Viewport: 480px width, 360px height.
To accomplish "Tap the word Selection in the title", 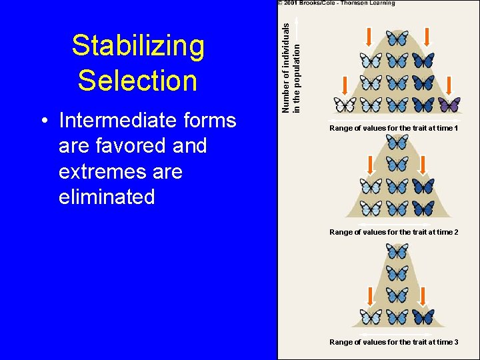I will click(137, 81).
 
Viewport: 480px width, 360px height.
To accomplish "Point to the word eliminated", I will click(107, 197).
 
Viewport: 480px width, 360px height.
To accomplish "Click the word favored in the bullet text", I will click(120, 146).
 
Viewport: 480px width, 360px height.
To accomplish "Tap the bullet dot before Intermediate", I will click(43, 121).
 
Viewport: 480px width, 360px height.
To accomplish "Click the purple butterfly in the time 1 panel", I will click(449, 105).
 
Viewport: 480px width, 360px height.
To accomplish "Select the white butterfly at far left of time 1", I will click(345, 105).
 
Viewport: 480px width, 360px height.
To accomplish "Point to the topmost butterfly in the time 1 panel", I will click(397, 39).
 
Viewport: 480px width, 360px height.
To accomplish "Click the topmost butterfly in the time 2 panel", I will click(397, 142).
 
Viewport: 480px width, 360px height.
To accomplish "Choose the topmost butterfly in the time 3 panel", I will click(397, 251).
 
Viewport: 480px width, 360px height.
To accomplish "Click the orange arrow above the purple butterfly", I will click(449, 85).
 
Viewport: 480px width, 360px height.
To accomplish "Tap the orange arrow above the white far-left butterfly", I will click(345, 85).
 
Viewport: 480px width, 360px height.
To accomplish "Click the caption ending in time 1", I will click(393, 128).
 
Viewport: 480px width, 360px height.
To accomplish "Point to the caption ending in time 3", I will click(393, 342).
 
